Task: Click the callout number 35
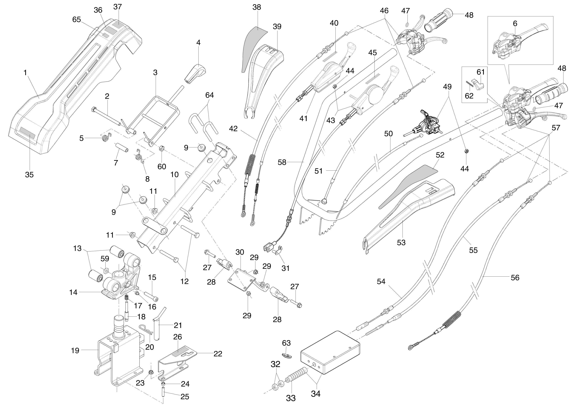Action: (29, 175)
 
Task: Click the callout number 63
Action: (286, 343)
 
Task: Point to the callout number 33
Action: (291, 398)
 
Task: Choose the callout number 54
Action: (381, 282)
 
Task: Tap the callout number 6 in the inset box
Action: (515, 23)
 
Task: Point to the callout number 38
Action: (257, 7)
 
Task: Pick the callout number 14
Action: (73, 292)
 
